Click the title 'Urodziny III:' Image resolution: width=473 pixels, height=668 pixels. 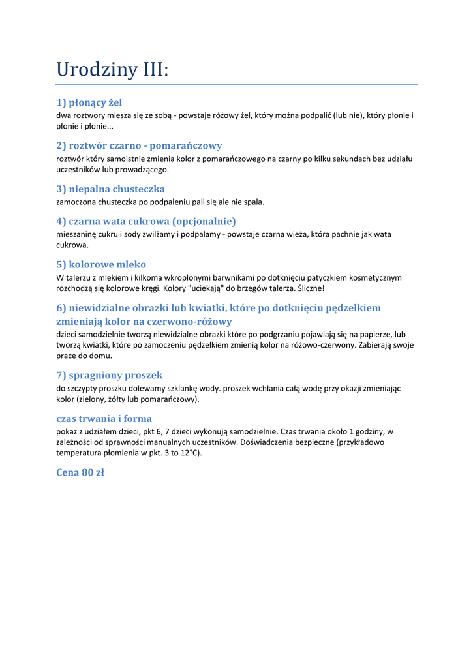[x=112, y=69]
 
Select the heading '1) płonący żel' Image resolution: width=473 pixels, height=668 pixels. [x=89, y=102]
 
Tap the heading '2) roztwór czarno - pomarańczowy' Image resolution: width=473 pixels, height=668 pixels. [x=139, y=145]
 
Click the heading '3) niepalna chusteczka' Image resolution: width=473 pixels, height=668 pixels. [x=110, y=189]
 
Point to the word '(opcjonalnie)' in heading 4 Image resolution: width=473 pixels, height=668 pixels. [x=204, y=221]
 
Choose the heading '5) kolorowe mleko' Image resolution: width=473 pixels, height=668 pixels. [x=101, y=264]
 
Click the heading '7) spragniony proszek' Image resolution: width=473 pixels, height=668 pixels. [x=110, y=375]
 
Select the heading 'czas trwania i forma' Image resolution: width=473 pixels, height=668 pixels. [x=104, y=418]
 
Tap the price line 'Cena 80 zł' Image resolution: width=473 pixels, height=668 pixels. [x=80, y=472]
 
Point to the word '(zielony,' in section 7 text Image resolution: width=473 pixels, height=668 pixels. [x=92, y=399]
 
